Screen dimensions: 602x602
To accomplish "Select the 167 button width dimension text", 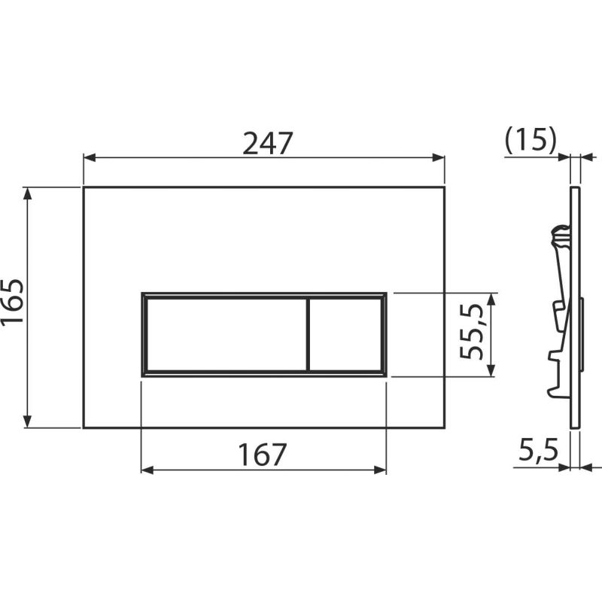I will pyautogui.click(x=263, y=454).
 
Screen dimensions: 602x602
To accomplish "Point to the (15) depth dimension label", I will pyautogui.click(x=530, y=140).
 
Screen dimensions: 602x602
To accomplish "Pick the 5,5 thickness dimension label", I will pyautogui.click(x=537, y=451).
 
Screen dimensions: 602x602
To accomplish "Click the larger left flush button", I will pyautogui.click(x=225, y=333).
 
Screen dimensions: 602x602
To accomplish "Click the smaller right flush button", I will pyautogui.click(x=346, y=333).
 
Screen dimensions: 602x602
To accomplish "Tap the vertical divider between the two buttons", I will pyautogui.click(x=308, y=333).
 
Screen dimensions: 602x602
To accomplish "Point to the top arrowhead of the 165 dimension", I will pyautogui.click(x=29, y=193).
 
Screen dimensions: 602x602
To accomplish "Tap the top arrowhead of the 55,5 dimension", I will pyautogui.click(x=491, y=299).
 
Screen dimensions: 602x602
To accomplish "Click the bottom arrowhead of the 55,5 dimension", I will pyautogui.click(x=491, y=369).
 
